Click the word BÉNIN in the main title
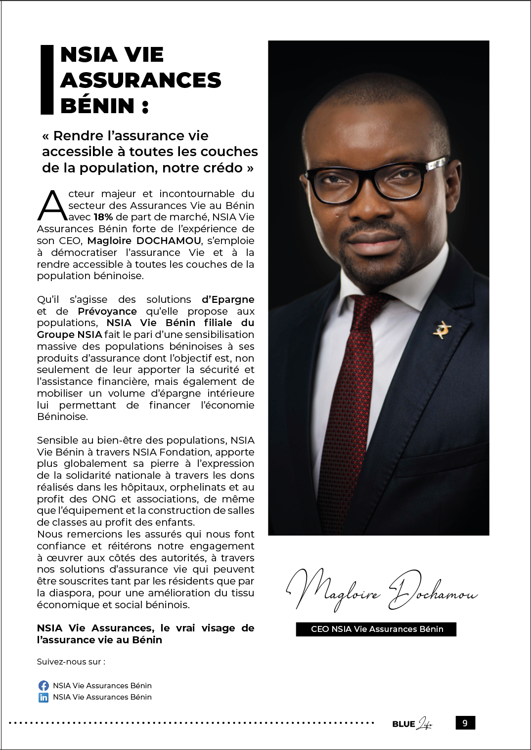pos(97,106)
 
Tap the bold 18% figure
pos(103,217)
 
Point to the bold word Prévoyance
pos(107,311)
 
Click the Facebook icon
pos(44,685)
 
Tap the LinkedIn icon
pos(44,697)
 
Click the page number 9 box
pos(465,723)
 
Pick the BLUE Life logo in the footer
pos(412,724)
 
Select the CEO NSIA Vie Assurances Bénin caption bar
pos(376,629)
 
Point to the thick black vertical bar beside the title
pos(46,80)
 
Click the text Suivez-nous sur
pos(71,662)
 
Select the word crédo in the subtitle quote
pos(223,168)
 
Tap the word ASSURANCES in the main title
pos(141,80)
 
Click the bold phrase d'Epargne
pos(228,299)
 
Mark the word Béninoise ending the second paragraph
pos(62,417)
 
